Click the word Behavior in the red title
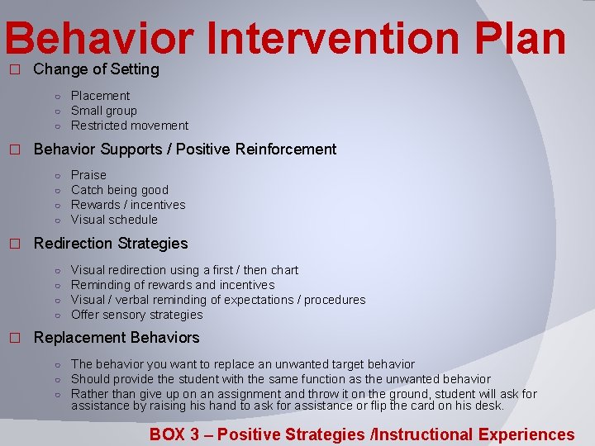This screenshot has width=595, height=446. (x=99, y=40)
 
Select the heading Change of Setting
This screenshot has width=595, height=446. (x=96, y=69)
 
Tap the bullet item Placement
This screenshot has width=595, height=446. (x=100, y=96)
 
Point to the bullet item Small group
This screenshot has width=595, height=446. (x=104, y=111)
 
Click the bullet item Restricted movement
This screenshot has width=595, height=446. (x=130, y=126)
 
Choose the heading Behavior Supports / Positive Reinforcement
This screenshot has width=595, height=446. (x=185, y=149)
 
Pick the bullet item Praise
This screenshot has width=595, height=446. (x=88, y=175)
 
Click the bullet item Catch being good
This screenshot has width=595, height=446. (x=120, y=190)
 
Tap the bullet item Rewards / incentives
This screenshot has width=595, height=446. (x=128, y=205)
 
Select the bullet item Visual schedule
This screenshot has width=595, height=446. (x=114, y=220)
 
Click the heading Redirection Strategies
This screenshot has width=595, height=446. (x=111, y=244)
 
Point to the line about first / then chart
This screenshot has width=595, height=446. (x=184, y=270)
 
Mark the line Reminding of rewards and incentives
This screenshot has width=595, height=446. (x=173, y=285)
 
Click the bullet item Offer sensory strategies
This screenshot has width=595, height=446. (x=136, y=315)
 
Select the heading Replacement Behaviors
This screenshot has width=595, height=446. (x=117, y=338)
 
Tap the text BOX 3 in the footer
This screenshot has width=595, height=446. (x=174, y=434)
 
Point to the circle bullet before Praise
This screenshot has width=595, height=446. (x=58, y=176)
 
